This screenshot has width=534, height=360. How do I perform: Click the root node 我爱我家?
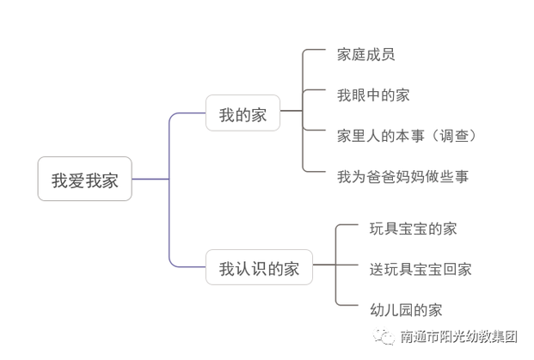click(x=84, y=180)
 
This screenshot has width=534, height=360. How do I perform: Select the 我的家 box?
click(x=242, y=113)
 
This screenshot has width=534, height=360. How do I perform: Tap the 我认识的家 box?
click(x=259, y=269)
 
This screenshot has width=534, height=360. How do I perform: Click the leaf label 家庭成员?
click(x=365, y=55)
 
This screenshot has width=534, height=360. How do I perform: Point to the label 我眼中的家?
click(x=373, y=95)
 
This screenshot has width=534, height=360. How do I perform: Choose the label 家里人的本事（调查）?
click(x=407, y=136)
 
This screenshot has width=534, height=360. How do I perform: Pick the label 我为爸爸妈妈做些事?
click(x=402, y=177)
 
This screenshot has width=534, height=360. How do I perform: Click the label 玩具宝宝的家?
click(x=413, y=229)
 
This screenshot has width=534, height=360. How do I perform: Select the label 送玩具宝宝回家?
click(x=420, y=269)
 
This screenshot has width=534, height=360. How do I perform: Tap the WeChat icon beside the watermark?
click(x=382, y=338)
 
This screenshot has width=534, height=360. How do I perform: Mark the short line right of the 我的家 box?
click(x=292, y=111)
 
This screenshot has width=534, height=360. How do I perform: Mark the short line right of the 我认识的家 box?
click(x=324, y=266)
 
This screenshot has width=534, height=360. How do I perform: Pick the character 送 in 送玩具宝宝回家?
click(x=376, y=269)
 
